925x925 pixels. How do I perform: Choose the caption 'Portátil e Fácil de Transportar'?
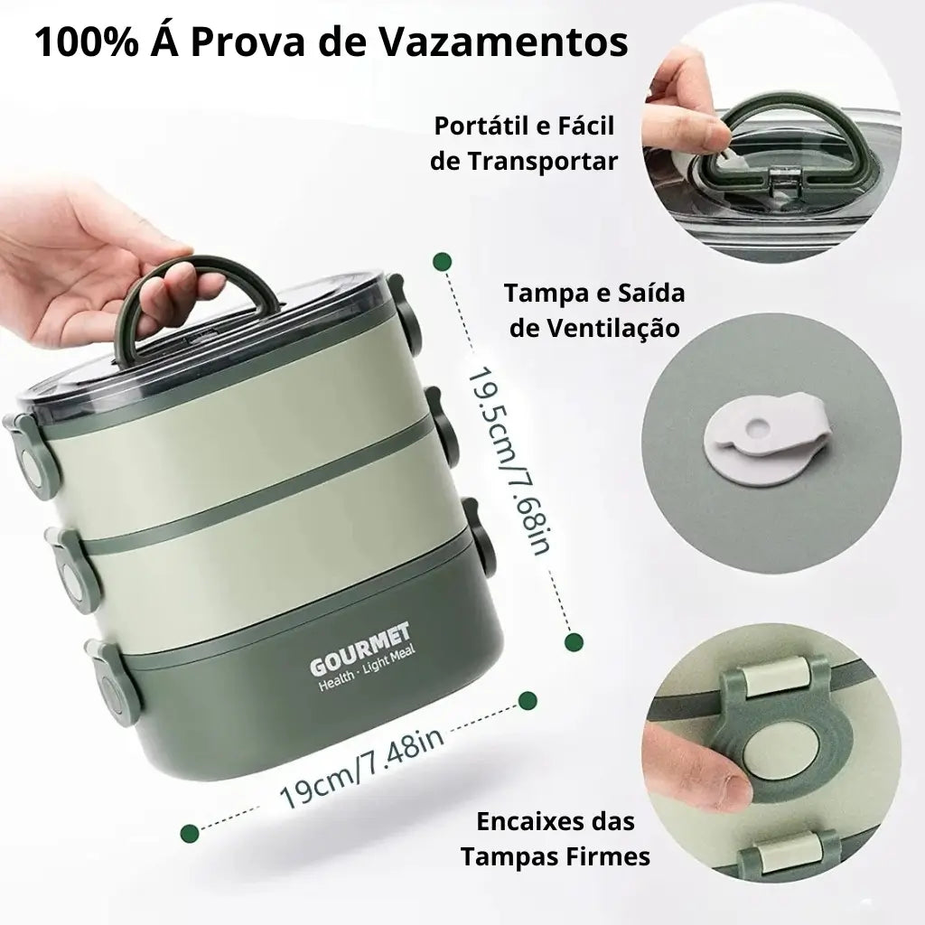[525, 143]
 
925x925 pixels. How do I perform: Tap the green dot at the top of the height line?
[442, 262]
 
